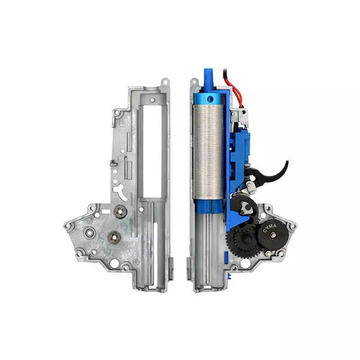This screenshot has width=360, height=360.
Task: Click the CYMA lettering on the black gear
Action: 269,228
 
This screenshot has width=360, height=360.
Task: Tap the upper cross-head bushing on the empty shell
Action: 120,210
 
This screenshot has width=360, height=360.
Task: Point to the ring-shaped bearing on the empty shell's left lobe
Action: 89,233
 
